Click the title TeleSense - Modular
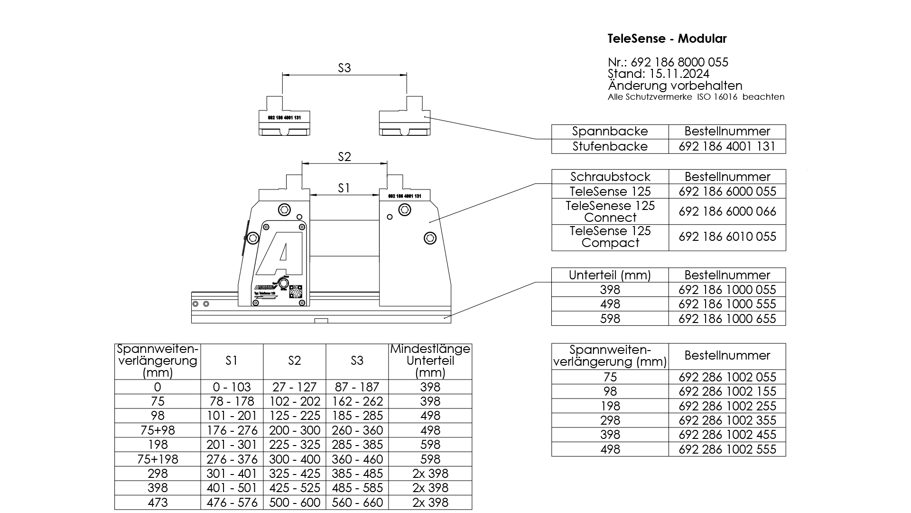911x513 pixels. (667, 39)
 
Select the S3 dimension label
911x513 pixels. (344, 68)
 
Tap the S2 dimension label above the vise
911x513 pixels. (344, 157)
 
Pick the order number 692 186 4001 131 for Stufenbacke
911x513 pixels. (727, 146)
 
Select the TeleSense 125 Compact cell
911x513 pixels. (610, 237)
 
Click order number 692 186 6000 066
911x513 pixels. (727, 211)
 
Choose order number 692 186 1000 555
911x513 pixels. (727, 304)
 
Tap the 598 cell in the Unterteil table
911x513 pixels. (610, 319)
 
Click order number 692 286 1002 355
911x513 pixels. (727, 420)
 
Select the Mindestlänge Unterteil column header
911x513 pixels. (430, 361)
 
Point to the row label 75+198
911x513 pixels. (158, 459)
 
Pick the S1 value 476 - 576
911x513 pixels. (232, 503)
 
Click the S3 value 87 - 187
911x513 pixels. (357, 387)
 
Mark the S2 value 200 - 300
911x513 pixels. (294, 430)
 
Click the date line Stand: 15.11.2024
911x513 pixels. (658, 74)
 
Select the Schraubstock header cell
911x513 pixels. (610, 177)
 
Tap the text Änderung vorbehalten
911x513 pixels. (675, 86)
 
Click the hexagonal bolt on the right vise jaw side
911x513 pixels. (430, 237)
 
